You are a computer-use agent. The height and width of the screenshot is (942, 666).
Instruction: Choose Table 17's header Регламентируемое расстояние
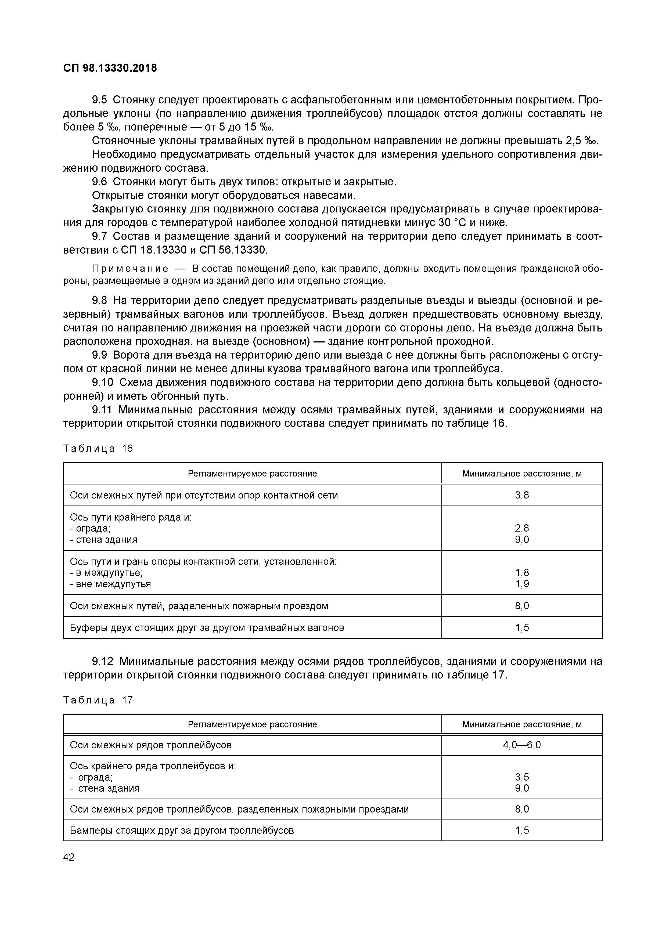tap(252, 724)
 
